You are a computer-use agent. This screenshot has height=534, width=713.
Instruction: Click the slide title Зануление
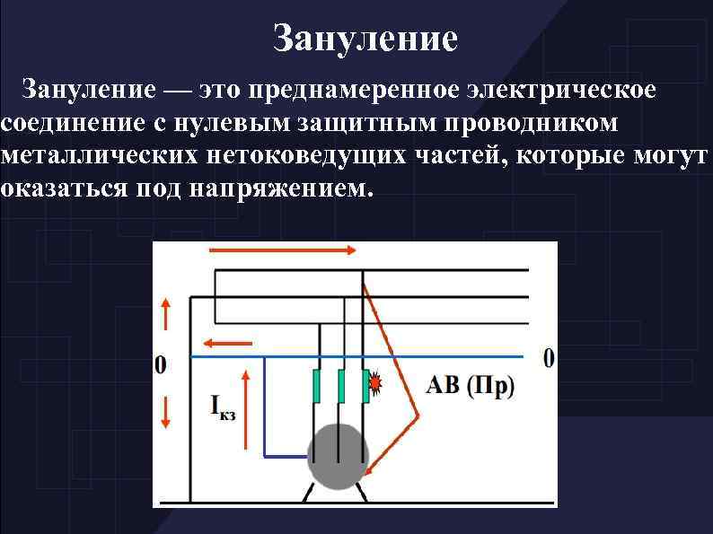(x=365, y=39)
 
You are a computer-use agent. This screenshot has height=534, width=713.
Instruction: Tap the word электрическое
(x=569, y=91)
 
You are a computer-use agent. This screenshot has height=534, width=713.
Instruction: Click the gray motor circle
(x=339, y=455)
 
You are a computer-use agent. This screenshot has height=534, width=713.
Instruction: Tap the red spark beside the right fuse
(x=375, y=387)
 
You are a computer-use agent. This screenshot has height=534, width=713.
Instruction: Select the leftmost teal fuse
(x=316, y=386)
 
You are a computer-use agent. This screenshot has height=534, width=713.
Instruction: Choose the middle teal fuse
(x=340, y=386)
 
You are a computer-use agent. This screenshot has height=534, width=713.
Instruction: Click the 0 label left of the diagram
(x=162, y=364)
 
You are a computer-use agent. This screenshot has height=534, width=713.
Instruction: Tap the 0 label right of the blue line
(x=549, y=357)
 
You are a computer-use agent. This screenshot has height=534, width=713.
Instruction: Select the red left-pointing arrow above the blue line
(x=226, y=343)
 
